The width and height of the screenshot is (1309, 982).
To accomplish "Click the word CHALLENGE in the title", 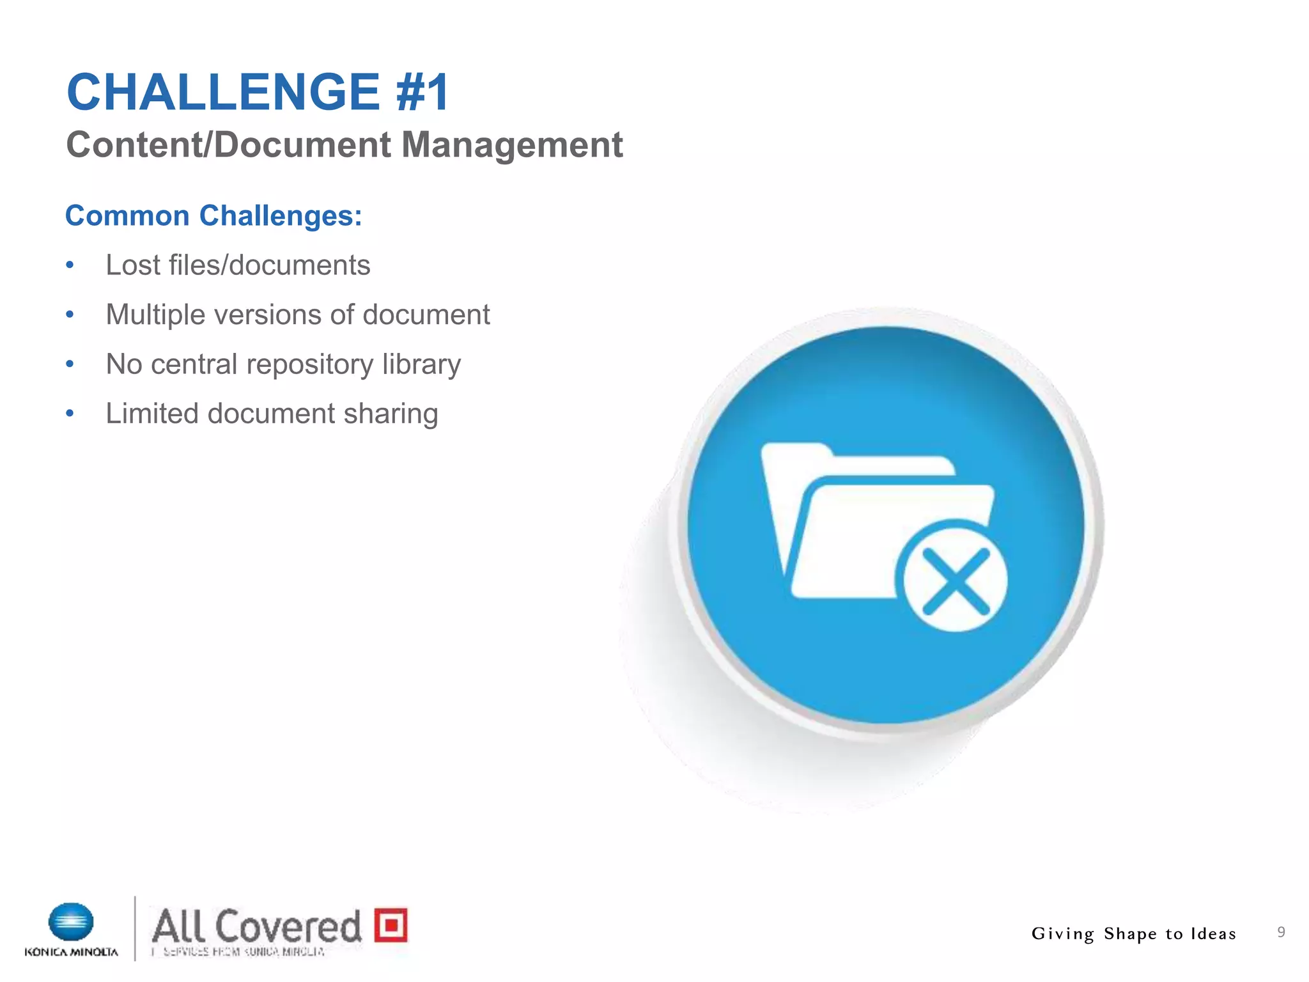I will (x=224, y=92).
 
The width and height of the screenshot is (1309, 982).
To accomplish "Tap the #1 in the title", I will (x=422, y=92).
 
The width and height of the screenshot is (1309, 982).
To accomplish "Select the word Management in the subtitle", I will (x=511, y=144).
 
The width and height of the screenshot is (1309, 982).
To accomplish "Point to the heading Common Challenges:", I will (x=213, y=216).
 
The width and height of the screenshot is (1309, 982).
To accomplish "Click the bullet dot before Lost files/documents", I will (x=70, y=265).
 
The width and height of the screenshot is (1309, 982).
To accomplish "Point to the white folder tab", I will (x=796, y=451).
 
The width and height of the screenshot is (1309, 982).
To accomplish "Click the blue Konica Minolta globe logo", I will (x=71, y=922).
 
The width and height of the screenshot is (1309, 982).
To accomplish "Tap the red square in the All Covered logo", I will (x=391, y=924).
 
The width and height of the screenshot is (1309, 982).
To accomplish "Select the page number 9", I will (x=1281, y=932).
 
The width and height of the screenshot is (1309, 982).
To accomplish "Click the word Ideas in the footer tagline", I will (x=1212, y=934).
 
